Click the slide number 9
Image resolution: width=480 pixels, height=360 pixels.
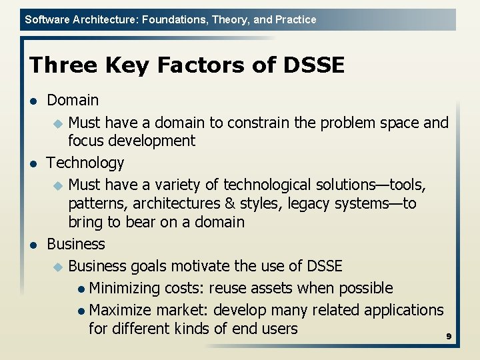pos(449,337)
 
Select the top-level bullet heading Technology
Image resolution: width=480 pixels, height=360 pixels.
pos(85,163)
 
